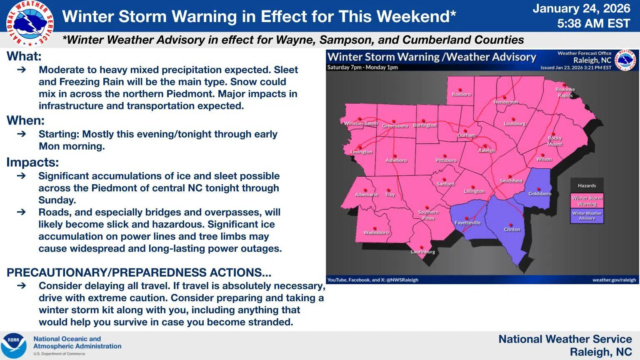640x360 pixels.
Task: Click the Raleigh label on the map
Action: (486, 150)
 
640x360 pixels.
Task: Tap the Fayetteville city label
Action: (467, 223)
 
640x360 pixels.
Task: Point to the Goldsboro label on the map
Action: (540, 194)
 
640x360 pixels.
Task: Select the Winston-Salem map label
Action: (361, 123)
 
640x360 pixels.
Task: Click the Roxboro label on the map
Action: (461, 95)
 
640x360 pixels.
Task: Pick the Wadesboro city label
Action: (376, 233)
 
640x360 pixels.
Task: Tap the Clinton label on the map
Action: (512, 230)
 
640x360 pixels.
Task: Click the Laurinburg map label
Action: (423, 252)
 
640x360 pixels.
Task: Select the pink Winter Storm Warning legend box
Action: (587, 201)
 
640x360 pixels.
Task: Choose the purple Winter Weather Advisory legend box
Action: (587, 216)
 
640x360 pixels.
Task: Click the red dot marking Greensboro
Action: (394, 121)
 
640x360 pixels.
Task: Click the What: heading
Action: (24, 56)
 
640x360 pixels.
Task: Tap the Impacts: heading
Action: (32, 162)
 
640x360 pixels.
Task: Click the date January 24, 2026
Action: (582, 8)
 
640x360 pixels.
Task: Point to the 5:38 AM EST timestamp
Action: (593, 23)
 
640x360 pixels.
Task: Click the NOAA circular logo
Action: (13, 345)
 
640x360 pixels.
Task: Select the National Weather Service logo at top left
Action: (30, 23)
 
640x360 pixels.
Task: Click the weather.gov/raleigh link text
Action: (614, 280)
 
